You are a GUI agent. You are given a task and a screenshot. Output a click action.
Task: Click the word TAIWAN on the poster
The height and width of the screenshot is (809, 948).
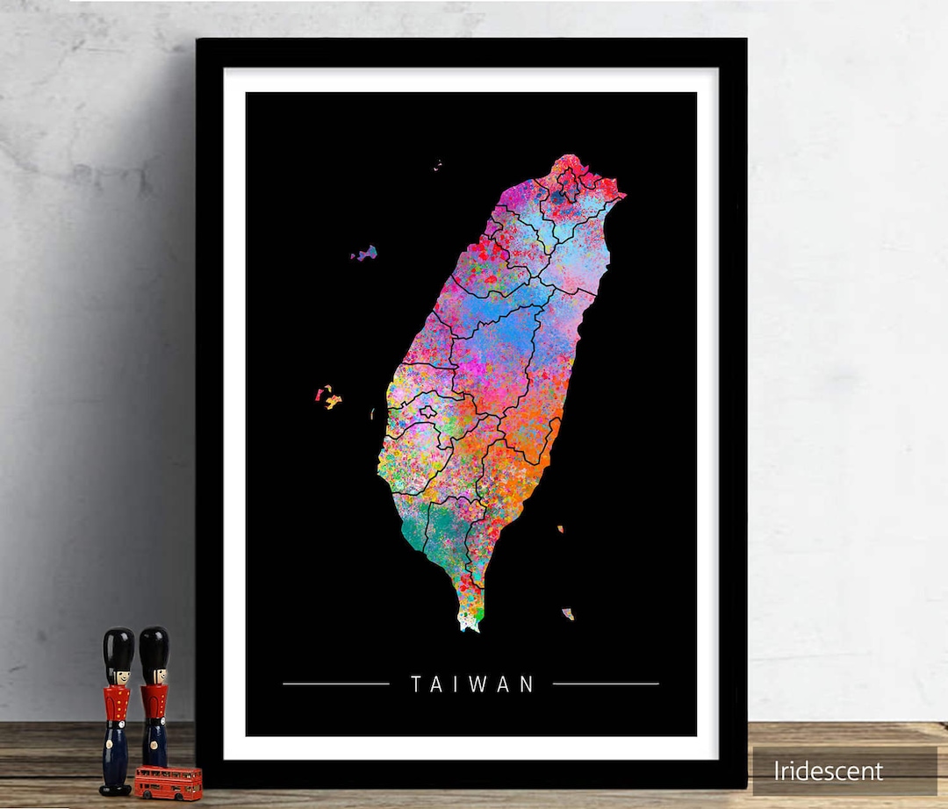point(472,684)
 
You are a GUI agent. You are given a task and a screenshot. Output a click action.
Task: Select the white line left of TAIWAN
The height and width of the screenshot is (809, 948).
point(336,683)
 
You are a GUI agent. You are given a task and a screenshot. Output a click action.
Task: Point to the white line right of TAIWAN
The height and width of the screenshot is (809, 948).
point(606,683)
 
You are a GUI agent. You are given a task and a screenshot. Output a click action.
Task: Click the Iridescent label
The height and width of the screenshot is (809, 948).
point(828,771)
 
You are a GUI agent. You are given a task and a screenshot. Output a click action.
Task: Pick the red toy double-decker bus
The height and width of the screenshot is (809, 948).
point(168,781)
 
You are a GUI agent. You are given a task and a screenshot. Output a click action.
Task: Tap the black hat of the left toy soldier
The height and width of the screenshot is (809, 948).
point(118,646)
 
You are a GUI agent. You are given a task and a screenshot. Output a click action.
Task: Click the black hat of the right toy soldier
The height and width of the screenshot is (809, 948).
point(154,644)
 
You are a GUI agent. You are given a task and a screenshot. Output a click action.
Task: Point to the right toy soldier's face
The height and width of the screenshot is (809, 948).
point(154,676)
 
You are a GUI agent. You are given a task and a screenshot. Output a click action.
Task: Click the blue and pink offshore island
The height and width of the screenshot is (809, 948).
point(365,254)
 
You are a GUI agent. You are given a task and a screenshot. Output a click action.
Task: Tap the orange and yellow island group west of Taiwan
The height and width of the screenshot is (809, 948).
point(328,397)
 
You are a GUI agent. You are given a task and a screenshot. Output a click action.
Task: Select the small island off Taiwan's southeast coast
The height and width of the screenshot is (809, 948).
point(568,613)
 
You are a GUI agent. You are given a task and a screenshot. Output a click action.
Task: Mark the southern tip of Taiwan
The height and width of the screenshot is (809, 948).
point(469,625)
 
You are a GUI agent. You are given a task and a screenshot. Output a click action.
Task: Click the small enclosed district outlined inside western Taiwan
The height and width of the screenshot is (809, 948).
point(428,412)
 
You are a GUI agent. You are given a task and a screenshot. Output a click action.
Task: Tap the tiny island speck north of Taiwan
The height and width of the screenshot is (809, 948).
point(436,163)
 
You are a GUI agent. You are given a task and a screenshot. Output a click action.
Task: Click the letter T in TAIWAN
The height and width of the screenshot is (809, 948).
point(415,684)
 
